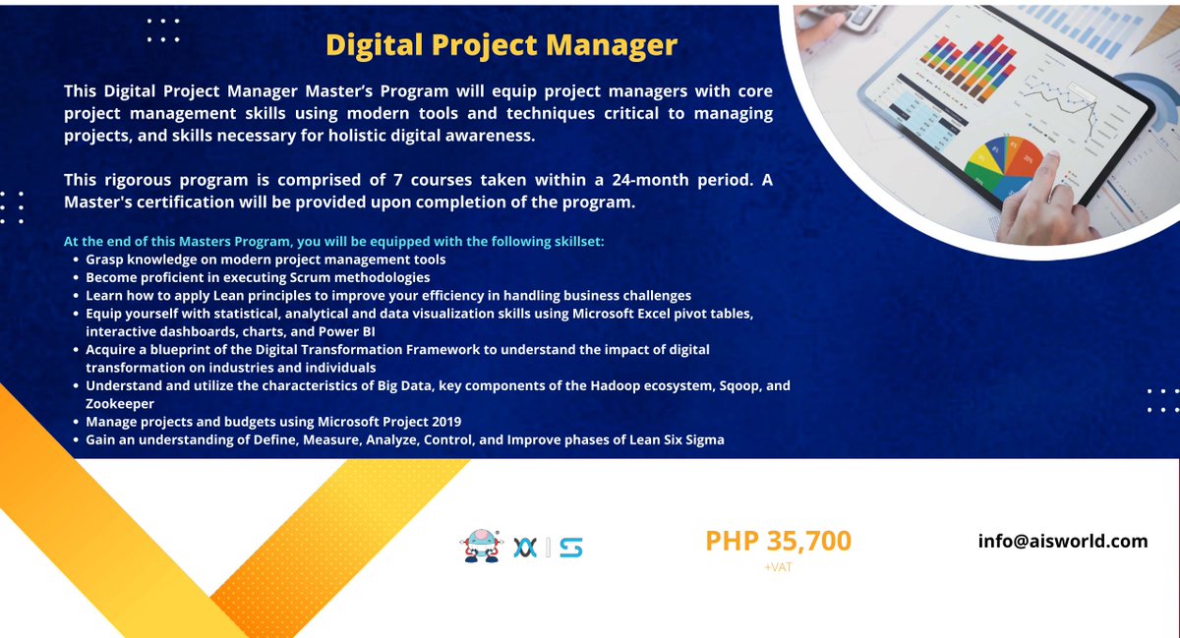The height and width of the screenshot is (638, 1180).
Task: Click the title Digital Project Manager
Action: tap(501, 45)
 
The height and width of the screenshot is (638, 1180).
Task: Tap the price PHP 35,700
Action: tap(778, 541)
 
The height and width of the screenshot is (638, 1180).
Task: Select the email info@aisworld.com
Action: tap(1063, 541)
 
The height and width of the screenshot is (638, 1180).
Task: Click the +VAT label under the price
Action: tap(777, 567)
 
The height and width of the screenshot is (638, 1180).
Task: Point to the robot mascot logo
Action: tap(479, 547)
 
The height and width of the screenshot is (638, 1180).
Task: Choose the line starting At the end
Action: tap(334, 241)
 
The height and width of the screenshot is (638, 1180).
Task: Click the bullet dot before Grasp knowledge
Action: tap(77, 260)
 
